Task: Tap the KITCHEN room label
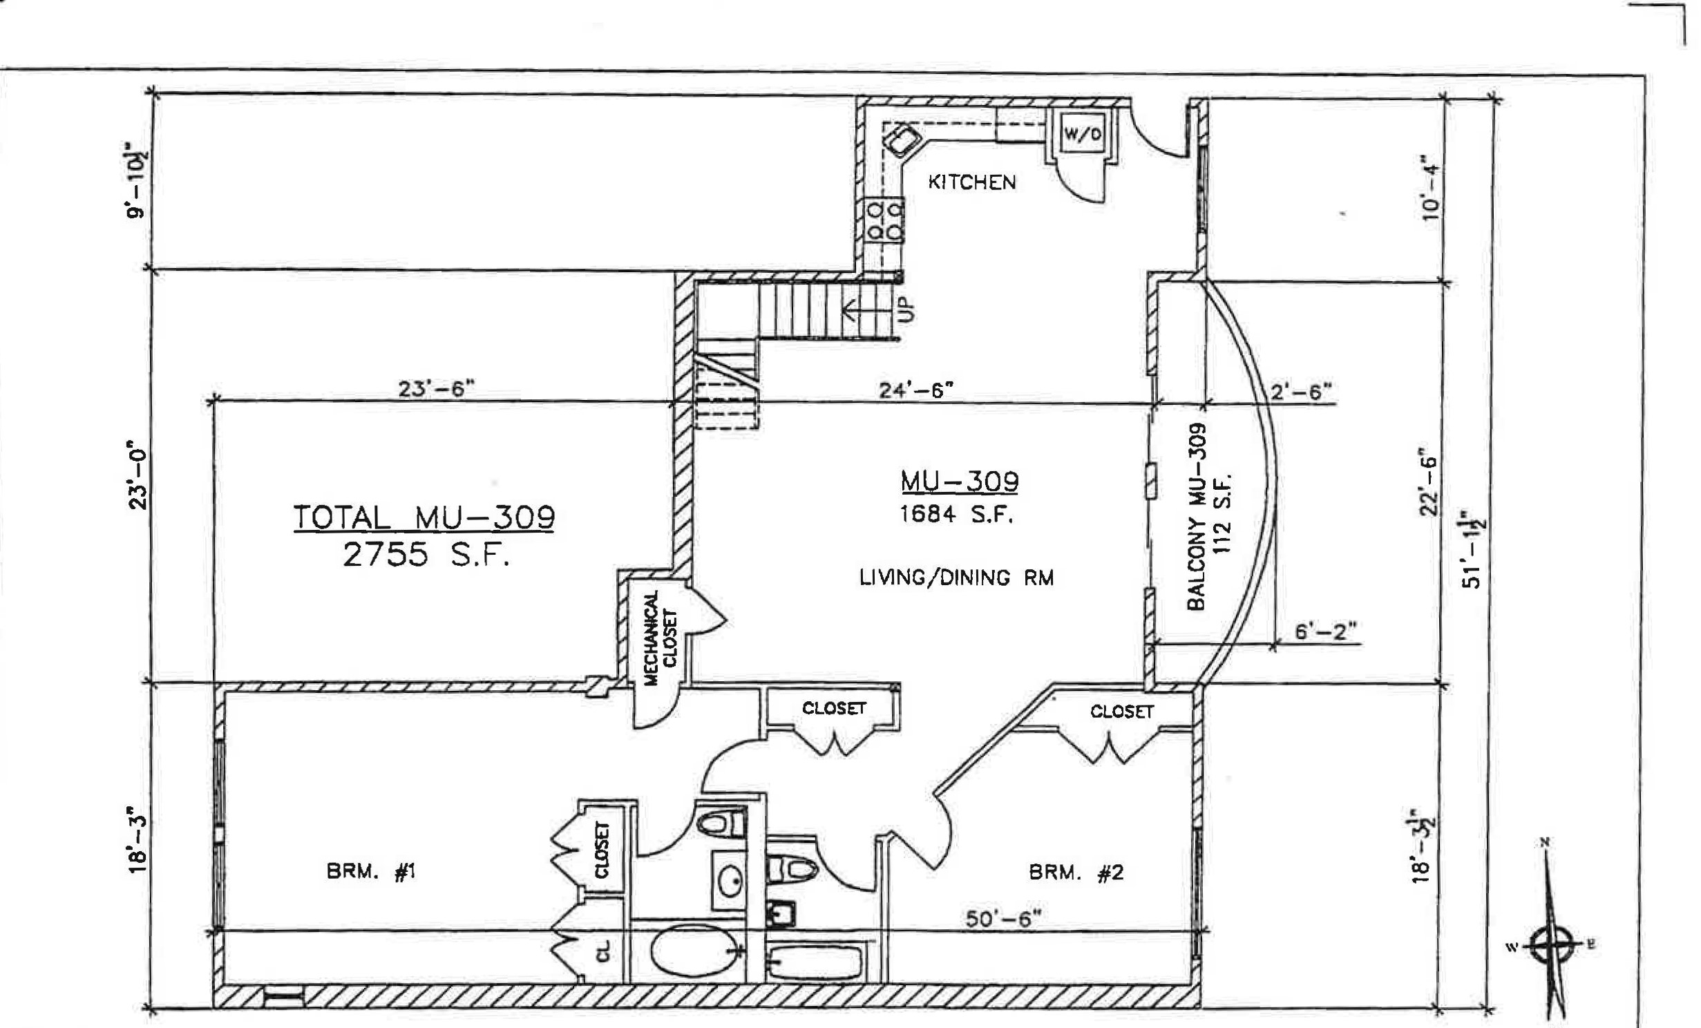coord(971,182)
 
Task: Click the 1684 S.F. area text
coord(956,515)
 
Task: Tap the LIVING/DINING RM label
coord(956,578)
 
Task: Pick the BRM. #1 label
coord(371,873)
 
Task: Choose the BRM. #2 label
coord(1076,873)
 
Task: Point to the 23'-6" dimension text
coord(437,389)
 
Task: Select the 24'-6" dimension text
coord(916,390)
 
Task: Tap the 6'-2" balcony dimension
coord(1325,632)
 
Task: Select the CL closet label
coord(604,953)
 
